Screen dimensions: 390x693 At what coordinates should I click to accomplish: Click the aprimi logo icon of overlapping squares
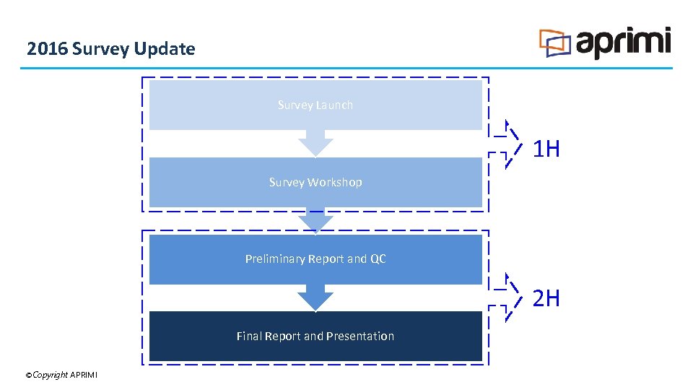[555, 43]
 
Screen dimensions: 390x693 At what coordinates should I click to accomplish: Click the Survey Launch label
[315, 105]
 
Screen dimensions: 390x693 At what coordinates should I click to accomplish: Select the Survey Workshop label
[315, 182]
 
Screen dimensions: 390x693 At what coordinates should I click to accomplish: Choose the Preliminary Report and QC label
[315, 259]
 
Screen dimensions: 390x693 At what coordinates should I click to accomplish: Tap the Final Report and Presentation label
[315, 336]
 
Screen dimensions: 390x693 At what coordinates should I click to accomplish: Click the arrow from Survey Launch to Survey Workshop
[315, 143]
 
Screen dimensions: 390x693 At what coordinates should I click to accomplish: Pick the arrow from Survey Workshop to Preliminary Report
[315, 220]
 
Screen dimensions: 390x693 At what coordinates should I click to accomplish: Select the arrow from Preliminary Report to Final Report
[315, 297]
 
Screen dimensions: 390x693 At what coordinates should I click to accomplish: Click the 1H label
[546, 149]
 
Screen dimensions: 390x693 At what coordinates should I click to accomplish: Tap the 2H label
[546, 298]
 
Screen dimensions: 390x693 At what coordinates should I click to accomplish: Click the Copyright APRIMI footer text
[61, 374]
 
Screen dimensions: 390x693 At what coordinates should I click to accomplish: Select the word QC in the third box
[378, 259]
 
